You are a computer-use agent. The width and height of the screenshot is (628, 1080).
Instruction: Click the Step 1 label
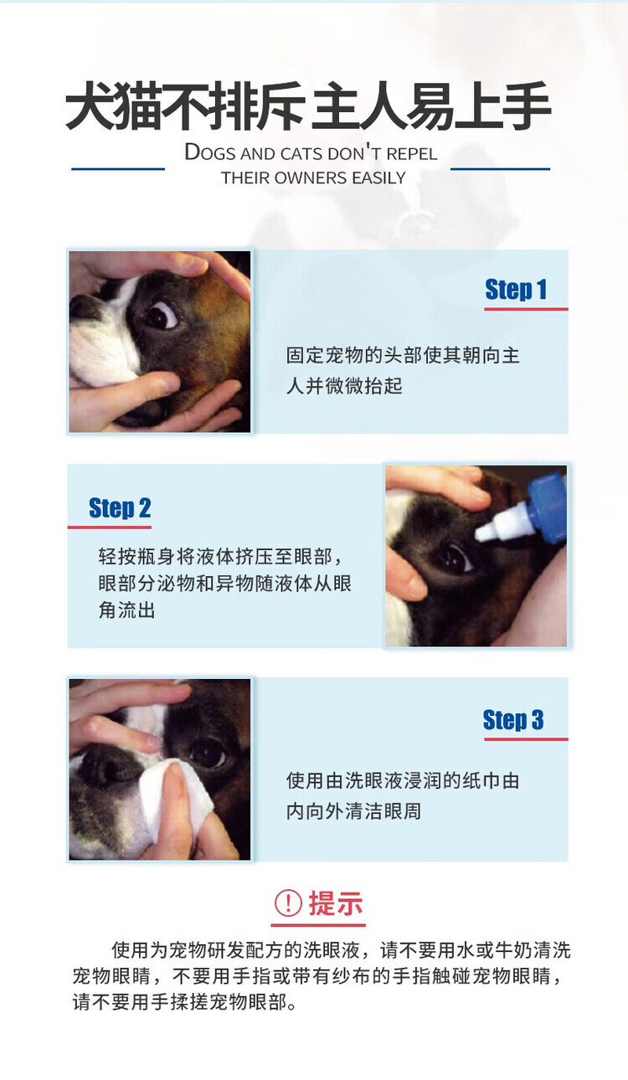tap(516, 290)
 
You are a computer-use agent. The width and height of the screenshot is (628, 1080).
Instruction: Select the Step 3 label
tap(513, 720)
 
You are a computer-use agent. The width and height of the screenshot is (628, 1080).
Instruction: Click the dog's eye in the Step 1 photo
tap(162, 315)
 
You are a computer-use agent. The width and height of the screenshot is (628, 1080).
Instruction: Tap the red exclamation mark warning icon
tap(288, 903)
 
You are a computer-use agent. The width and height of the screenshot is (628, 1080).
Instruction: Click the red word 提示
tap(335, 903)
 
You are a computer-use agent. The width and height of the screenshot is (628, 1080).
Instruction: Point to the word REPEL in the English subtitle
tap(411, 154)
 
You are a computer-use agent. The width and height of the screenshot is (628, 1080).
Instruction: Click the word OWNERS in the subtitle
tap(311, 178)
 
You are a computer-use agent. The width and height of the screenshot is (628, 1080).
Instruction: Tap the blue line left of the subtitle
tap(118, 169)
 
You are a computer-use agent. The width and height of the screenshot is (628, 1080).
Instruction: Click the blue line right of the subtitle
tap(500, 169)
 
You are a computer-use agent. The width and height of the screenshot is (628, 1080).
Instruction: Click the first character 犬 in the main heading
tap(90, 105)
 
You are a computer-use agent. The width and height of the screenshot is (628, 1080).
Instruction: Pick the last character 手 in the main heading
tap(527, 105)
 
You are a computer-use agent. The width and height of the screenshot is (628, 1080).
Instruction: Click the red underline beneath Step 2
tap(110, 527)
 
